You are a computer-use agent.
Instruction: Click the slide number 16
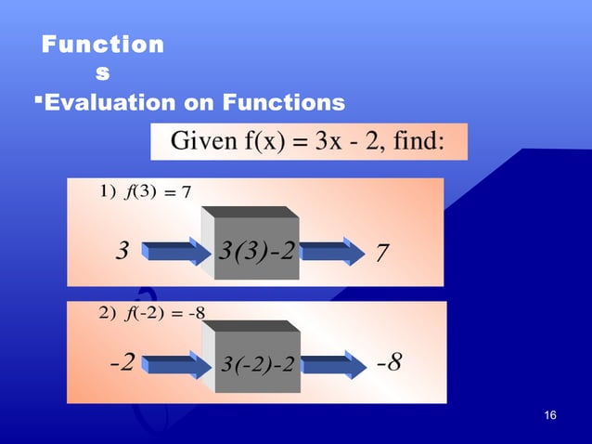point(552,414)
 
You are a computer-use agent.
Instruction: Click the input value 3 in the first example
point(120,252)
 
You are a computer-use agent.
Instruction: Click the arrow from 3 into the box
point(175,251)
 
